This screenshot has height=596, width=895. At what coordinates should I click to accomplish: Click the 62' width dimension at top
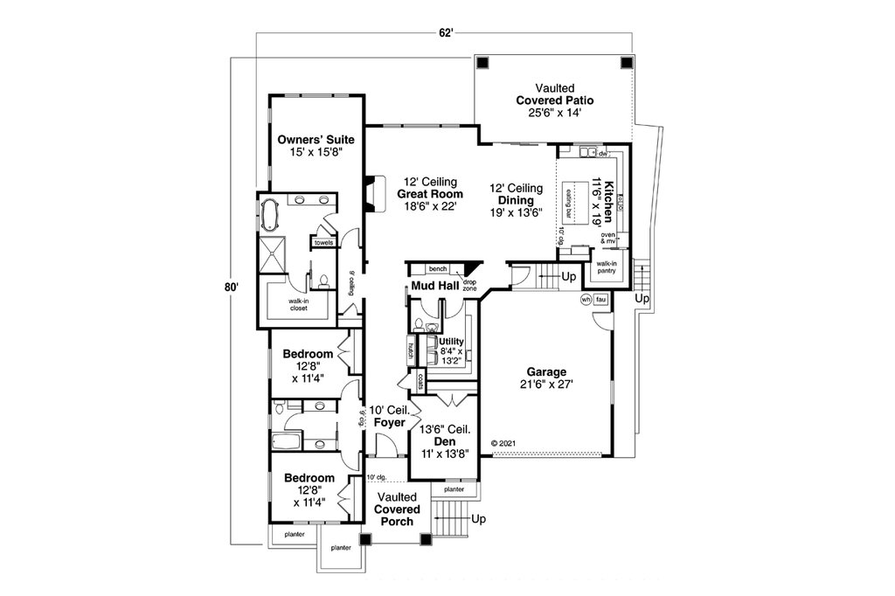(x=446, y=33)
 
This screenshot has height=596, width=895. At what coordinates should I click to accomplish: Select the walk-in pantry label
(x=607, y=267)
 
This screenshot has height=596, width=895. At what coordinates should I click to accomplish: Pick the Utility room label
(x=451, y=341)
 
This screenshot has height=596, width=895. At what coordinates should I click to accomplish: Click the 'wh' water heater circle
(x=586, y=299)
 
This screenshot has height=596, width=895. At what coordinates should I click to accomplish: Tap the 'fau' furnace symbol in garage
(x=601, y=299)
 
